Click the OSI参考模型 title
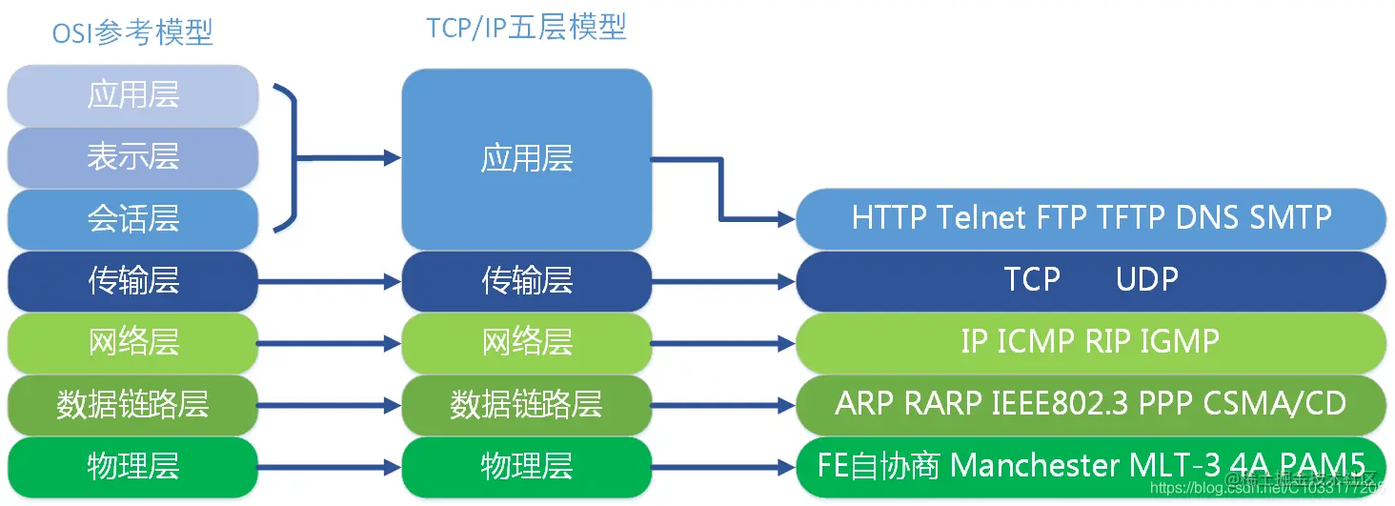coord(132,33)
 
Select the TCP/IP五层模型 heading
coord(526,28)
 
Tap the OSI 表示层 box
coord(133,156)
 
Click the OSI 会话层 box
coord(133,218)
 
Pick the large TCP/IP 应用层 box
coord(526,158)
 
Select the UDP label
coord(1147,279)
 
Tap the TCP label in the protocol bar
coord(1032,279)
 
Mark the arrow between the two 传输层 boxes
coord(329,281)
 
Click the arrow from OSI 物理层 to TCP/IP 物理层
coord(329,467)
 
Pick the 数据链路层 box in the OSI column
coord(133,404)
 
